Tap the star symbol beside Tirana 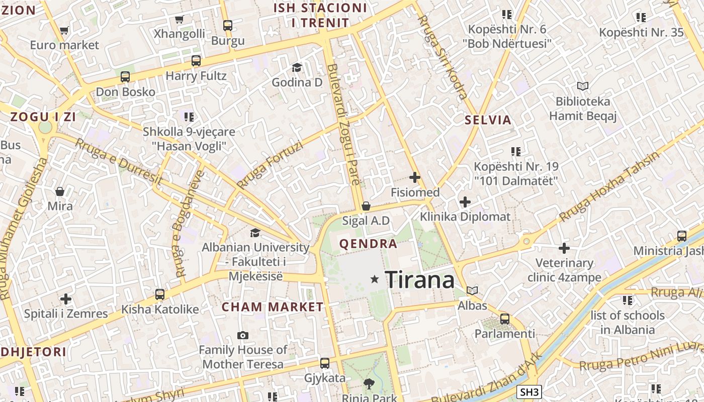coord(374,279)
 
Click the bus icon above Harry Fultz coord(196,61)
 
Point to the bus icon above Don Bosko coord(125,77)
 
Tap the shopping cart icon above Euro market coord(64,31)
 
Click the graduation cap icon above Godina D coord(297,67)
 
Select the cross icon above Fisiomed coord(415,177)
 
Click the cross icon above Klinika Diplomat coord(465,202)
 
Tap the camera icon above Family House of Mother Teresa coord(243,335)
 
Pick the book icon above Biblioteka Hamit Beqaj coord(582,86)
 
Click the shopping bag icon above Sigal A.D coord(366,206)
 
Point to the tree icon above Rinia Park coord(369,384)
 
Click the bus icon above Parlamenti coord(505,319)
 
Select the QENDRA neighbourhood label coord(369,244)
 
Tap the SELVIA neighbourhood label coord(488,120)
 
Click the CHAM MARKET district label coord(273,307)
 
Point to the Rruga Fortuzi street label coord(270,165)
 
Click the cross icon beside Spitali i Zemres coord(66,299)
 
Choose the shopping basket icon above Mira coord(60,191)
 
